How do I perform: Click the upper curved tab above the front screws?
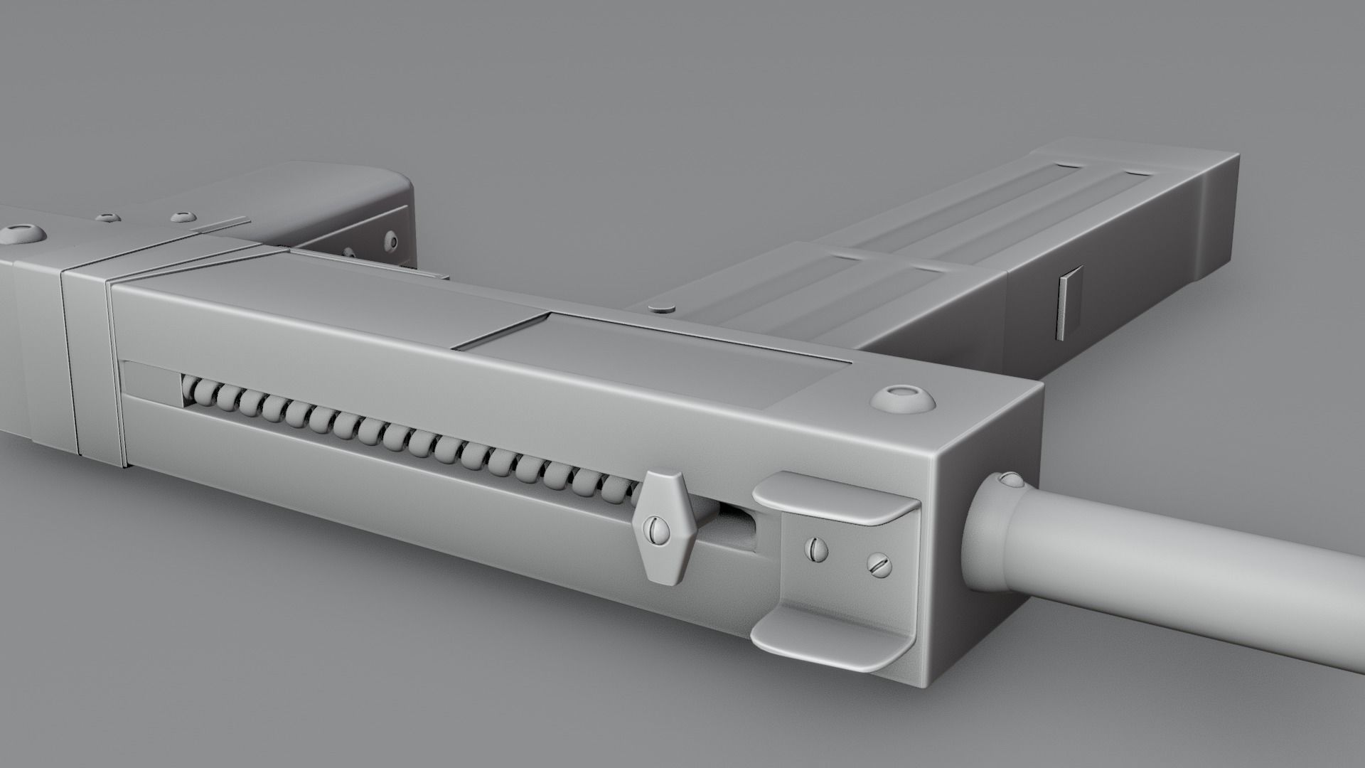point(835,498)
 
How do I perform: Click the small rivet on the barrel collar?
point(1009,480)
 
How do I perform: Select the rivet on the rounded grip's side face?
point(390,240)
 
